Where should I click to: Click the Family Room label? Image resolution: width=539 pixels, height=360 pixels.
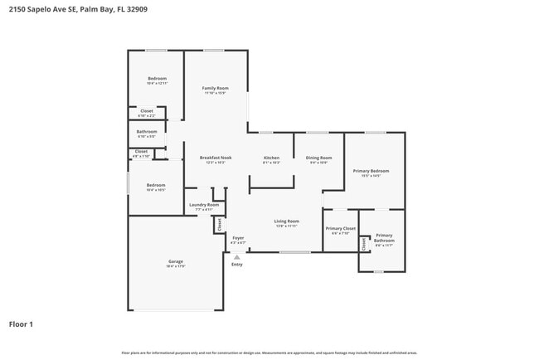[215, 88]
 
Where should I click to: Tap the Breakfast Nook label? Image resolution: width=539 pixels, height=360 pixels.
[215, 158]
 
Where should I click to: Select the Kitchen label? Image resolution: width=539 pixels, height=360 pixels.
[271, 158]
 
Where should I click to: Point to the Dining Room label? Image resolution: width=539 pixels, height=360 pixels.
[318, 158]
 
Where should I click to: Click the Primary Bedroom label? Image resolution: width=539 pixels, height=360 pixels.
[371, 171]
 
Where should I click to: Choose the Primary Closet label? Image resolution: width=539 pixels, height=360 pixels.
[340, 228]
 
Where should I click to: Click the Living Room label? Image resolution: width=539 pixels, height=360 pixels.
[287, 221]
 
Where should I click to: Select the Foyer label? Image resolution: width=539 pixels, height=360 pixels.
[238, 237]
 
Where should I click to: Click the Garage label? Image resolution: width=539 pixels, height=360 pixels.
[175, 261]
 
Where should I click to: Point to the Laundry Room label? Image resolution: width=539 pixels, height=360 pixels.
[204, 205]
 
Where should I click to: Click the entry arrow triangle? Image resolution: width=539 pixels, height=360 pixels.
[236, 257]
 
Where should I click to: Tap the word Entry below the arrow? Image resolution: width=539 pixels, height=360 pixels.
[237, 265]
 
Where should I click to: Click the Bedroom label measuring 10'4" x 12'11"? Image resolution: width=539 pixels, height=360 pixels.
[157, 79]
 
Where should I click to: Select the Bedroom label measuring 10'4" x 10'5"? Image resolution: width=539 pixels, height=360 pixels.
[156, 185]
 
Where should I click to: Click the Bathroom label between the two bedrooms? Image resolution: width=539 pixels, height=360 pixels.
[147, 131]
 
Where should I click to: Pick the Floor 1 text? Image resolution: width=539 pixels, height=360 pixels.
[21, 324]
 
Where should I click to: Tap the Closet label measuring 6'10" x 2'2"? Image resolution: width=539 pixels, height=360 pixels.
[146, 110]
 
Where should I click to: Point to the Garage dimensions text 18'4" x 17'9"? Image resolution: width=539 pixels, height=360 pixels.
[175, 266]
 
